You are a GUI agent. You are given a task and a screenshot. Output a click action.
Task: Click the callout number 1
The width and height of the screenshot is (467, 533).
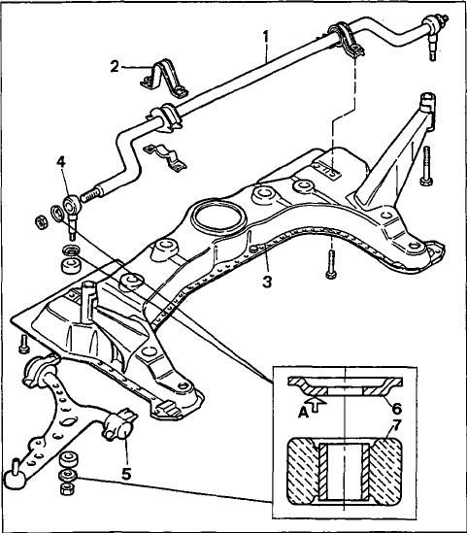coord(265,37)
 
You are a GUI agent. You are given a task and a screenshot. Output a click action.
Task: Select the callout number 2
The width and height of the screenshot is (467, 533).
coord(115,67)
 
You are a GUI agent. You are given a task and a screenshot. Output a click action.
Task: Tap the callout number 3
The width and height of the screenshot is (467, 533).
coord(267,282)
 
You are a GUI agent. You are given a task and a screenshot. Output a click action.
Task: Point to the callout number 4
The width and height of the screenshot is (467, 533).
coord(61,163)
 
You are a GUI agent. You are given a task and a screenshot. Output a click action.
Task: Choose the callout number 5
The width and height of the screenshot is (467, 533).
coord(126,474)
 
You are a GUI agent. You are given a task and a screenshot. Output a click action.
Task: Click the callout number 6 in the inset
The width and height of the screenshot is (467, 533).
coord(397,409)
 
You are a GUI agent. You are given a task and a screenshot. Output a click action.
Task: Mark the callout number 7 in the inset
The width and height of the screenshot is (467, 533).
coord(397,426)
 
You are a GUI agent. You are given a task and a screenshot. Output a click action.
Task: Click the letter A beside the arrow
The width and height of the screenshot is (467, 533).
coord(303,413)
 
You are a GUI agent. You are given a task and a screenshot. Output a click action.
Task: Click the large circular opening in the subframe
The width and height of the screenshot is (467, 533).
coord(217,217)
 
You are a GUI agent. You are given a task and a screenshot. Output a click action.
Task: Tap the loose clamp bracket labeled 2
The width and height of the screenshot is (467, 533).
coord(164,80)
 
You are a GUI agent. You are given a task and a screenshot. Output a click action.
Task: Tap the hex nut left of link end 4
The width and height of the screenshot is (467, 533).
coord(42,223)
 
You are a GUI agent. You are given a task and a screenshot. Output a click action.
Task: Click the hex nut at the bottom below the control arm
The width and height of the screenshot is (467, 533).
coord(67,489)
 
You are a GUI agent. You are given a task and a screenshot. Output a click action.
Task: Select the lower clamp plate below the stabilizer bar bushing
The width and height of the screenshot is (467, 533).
coord(165,158)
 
